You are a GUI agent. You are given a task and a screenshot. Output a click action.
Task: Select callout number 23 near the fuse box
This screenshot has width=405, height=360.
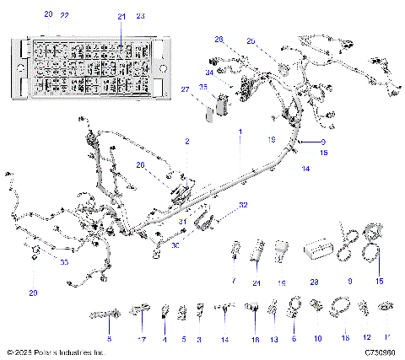tap(141, 16)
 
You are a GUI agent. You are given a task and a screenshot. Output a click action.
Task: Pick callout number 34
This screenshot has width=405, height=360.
tap(209, 73)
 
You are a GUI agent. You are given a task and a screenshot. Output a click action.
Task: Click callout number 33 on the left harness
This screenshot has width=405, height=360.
tap(40, 262)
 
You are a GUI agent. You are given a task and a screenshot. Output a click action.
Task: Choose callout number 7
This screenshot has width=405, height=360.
tap(234, 282)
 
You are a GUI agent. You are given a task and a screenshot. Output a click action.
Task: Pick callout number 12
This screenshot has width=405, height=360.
tap(366, 338)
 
